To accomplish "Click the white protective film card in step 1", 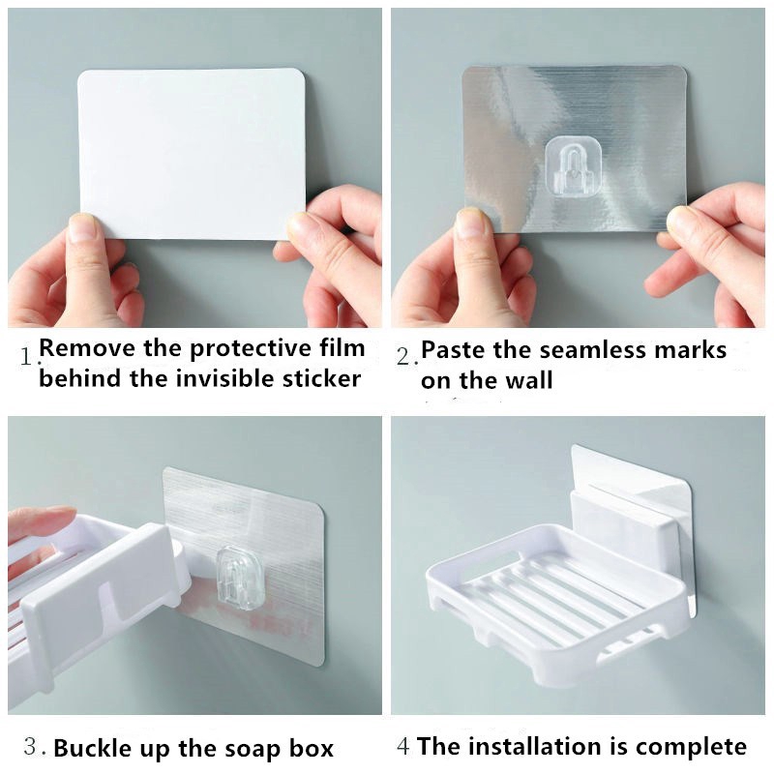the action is [x=192, y=154].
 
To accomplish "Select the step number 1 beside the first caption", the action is [x=27, y=356].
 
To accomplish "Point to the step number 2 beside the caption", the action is [x=403, y=356].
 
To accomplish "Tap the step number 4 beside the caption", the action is [x=402, y=746].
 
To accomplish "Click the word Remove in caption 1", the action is [x=87, y=348].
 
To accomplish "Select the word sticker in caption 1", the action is [x=322, y=379].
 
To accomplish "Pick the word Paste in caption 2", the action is [x=453, y=350].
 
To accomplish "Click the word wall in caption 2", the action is [x=528, y=380].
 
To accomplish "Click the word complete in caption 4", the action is [x=691, y=747].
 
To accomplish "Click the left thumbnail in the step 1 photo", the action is [x=82, y=228].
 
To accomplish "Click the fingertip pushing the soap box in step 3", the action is [x=62, y=515].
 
